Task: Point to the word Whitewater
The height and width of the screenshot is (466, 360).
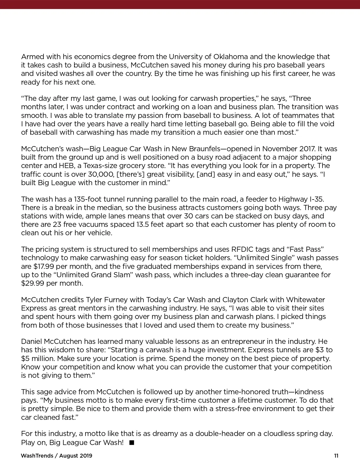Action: (305, 300)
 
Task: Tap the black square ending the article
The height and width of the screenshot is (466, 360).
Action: (131, 442)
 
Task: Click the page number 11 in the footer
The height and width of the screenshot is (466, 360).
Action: (336, 456)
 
